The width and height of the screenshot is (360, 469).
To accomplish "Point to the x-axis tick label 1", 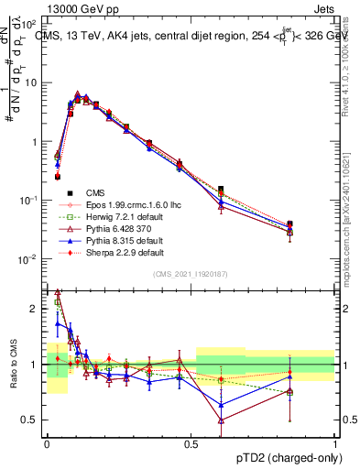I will (x=334, y=442).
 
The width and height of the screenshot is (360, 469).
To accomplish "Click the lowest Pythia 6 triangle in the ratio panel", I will (x=221, y=420).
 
